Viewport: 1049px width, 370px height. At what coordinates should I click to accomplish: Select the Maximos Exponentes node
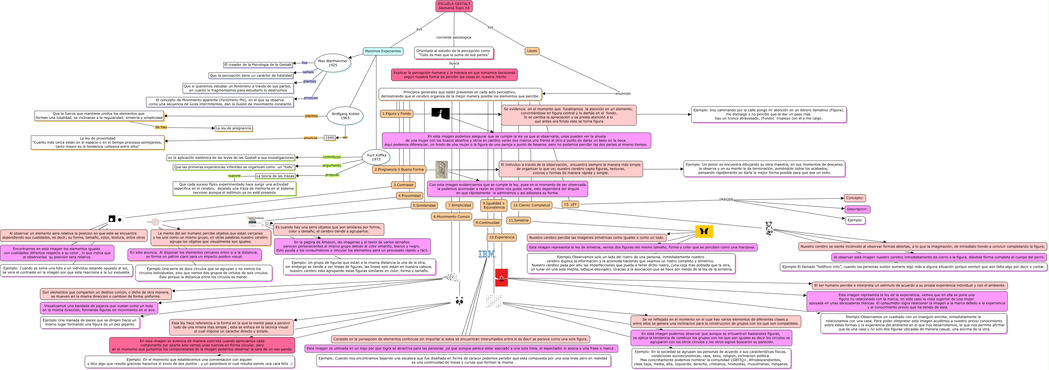coord(383,51)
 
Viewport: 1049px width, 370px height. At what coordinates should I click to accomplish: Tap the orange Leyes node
coord(532,51)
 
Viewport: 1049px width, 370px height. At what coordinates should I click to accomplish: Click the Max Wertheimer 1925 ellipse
coord(333,63)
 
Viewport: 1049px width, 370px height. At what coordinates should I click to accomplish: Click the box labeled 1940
coord(329,138)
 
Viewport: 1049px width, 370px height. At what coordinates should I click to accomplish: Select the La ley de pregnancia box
coord(233,128)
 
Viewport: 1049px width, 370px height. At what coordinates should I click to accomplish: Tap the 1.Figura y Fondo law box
coord(396,114)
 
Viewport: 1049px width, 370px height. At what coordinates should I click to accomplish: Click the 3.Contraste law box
coord(403,185)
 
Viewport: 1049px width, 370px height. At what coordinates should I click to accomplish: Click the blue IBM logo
coord(487,254)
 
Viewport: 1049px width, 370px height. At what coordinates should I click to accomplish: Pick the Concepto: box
coord(855,198)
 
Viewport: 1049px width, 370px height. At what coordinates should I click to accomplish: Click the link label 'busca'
coord(454,64)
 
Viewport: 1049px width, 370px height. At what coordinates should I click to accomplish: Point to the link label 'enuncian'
coord(623,94)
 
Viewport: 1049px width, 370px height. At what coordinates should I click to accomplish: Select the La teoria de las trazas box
coord(275,176)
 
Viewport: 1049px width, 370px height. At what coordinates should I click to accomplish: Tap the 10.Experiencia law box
coord(501,238)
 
